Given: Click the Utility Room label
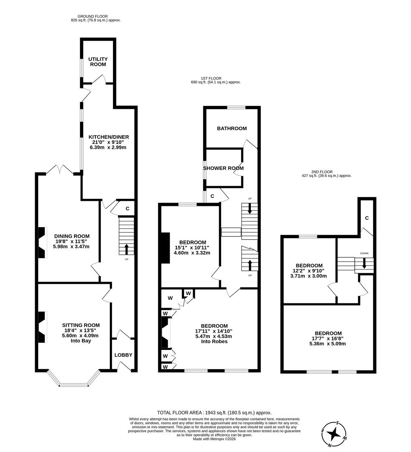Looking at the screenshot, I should (97, 62).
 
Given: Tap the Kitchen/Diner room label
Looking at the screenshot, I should (108, 137).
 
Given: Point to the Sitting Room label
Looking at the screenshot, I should (81, 325).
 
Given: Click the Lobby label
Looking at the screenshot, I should (123, 355).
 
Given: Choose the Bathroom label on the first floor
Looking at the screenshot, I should (232, 128).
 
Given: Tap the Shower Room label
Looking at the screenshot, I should (223, 168).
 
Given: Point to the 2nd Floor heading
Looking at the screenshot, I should (322, 172).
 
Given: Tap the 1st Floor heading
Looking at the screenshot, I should (211, 78).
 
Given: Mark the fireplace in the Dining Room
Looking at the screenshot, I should (42, 243).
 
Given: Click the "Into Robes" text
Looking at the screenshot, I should (214, 341).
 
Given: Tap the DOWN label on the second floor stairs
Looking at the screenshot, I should (364, 253).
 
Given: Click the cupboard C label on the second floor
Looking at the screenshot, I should (367, 218).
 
